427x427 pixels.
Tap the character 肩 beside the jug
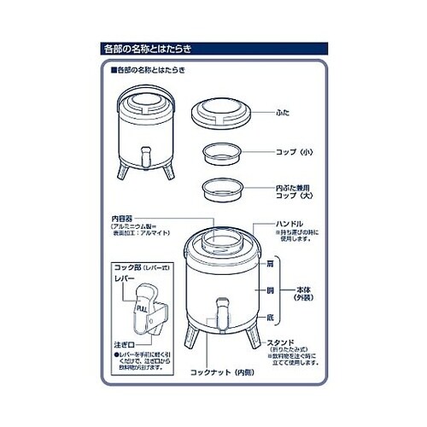(x=270, y=264)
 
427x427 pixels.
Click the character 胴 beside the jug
(x=270, y=290)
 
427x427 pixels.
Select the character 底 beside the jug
(x=270, y=317)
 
